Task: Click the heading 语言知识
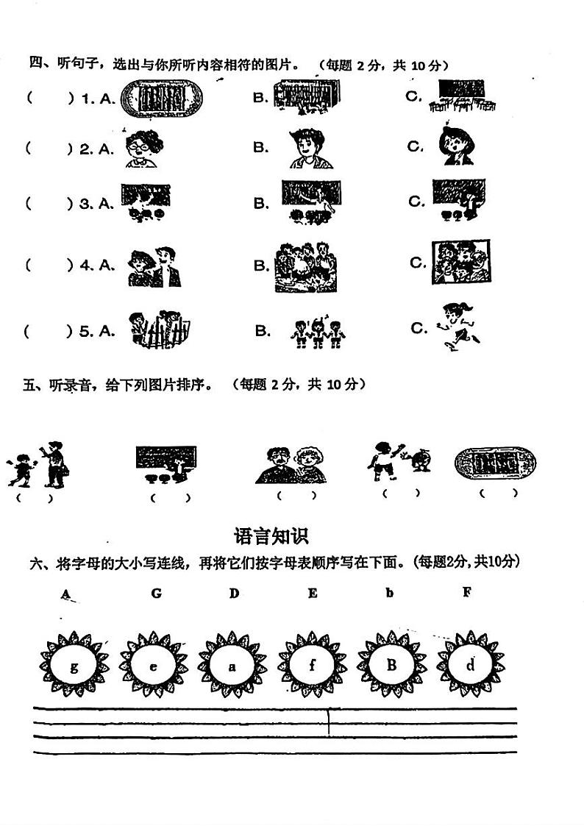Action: (x=271, y=535)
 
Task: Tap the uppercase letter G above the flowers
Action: (x=156, y=593)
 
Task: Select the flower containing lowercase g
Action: (x=74, y=666)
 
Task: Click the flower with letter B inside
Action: (x=391, y=666)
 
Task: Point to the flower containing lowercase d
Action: (x=471, y=666)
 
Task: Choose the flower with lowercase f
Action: (x=313, y=666)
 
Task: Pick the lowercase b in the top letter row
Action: (x=389, y=593)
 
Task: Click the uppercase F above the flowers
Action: (x=466, y=591)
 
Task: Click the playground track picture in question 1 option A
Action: (x=160, y=97)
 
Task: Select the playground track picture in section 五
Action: (x=495, y=463)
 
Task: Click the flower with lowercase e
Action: (x=153, y=666)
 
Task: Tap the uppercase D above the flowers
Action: (x=234, y=593)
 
